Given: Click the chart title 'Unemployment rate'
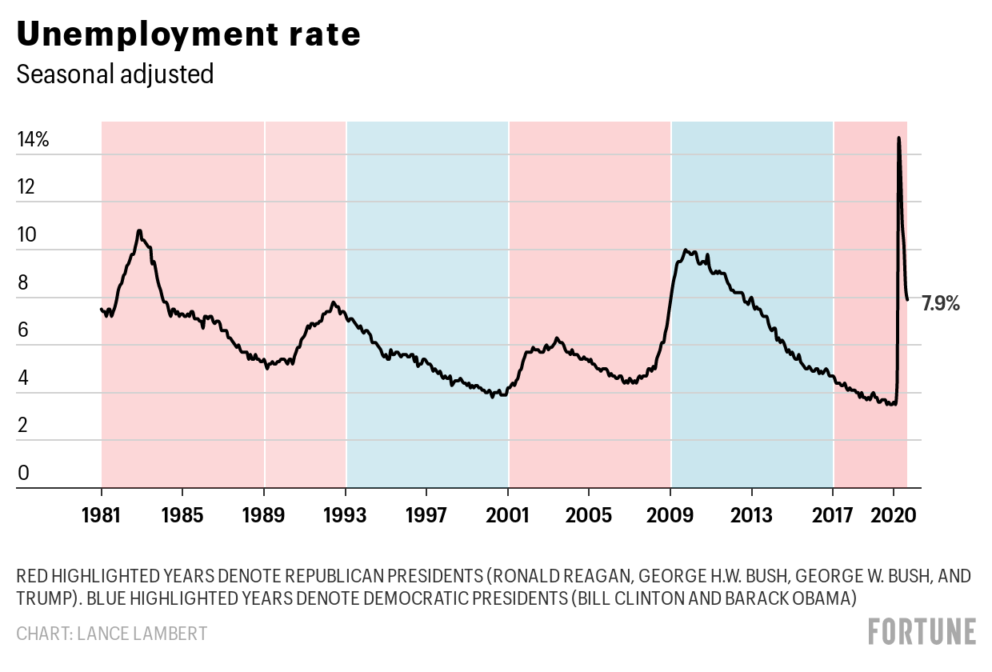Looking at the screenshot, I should pyautogui.click(x=188, y=35).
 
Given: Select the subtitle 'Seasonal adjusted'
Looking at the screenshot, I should pyautogui.click(x=115, y=74).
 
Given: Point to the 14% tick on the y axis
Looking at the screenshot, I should pyautogui.click(x=33, y=140).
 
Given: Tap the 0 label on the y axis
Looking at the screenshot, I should pyautogui.click(x=23, y=473).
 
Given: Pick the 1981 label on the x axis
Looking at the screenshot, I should pyautogui.click(x=102, y=514).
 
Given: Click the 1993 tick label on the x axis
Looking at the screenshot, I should pyautogui.click(x=346, y=514).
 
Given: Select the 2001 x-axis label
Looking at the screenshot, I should pyautogui.click(x=508, y=514).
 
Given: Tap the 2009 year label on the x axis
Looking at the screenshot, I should pyautogui.click(x=671, y=514).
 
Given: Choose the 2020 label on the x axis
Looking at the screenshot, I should pyautogui.click(x=894, y=514).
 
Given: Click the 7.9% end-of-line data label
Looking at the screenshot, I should pyautogui.click(x=941, y=303).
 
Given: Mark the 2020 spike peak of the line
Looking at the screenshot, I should pyautogui.click(x=898, y=138).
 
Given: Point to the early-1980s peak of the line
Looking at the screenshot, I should pyautogui.click(x=139, y=231).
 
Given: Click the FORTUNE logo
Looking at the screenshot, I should pyautogui.click(x=922, y=631).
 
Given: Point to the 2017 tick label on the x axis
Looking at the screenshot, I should pyautogui.click(x=834, y=514).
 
